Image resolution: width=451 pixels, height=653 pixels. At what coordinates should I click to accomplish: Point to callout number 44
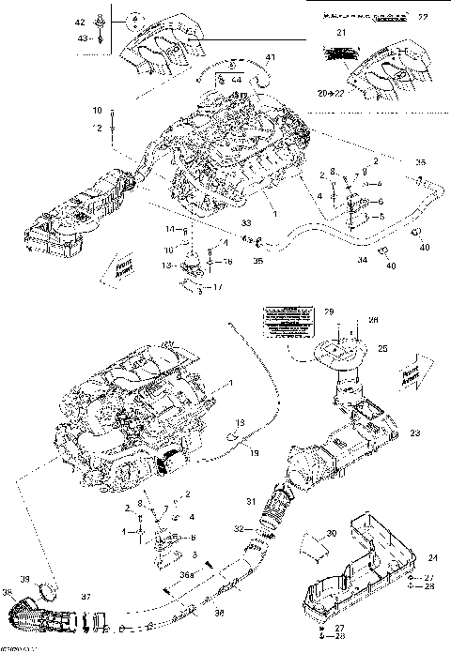pos(237,82)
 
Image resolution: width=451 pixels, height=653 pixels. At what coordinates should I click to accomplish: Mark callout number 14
pos(170,229)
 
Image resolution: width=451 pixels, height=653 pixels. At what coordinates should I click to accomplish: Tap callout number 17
pos(218,286)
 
